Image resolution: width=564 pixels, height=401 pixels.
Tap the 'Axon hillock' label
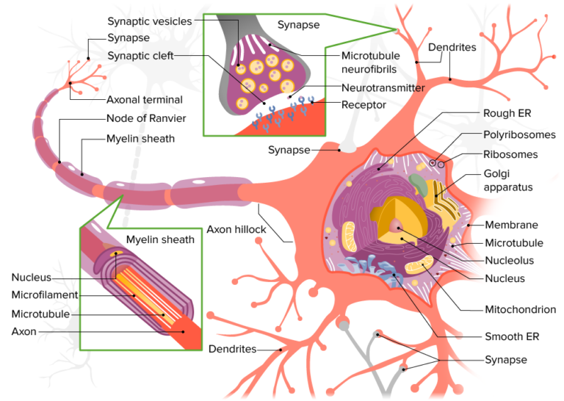tap(236, 229)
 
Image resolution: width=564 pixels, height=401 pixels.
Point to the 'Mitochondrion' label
tap(520, 309)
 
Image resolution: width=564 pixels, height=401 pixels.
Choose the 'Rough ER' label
tap(507, 113)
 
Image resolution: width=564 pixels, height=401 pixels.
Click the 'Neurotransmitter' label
tap(383, 87)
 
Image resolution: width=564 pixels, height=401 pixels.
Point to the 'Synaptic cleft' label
tap(140, 56)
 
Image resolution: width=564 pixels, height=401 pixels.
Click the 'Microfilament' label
tap(45, 295)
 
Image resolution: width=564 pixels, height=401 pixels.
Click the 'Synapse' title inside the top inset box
tap(298, 24)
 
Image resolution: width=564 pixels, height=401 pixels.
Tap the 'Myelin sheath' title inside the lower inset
tap(160, 239)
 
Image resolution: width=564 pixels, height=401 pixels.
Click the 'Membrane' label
tap(512, 225)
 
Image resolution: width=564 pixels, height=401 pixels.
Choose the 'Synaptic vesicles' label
tap(149, 21)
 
